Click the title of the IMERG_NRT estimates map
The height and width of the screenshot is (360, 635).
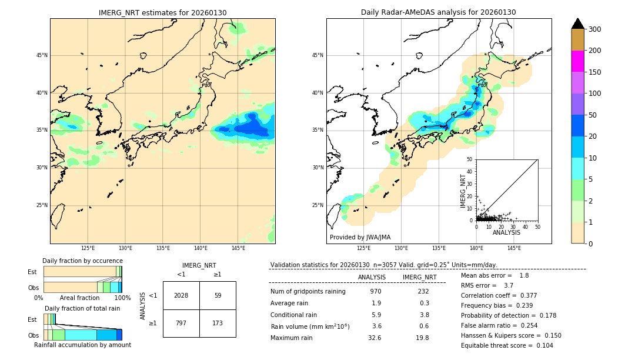[162, 12]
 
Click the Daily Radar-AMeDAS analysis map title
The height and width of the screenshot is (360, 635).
[439, 12]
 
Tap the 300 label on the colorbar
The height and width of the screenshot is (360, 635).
[594, 29]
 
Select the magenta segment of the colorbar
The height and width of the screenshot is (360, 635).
[577, 61]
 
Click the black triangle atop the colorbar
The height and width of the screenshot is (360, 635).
[577, 24]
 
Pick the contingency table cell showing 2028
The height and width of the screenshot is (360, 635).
[181, 295]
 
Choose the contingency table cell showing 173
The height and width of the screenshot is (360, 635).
[218, 323]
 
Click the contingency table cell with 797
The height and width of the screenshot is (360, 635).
[181, 323]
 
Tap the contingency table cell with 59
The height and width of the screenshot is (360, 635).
[218, 295]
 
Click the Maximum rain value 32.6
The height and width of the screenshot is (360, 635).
[375, 338]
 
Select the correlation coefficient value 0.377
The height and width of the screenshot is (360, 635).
[523, 295]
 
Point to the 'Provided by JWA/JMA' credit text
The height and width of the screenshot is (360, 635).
[360, 237]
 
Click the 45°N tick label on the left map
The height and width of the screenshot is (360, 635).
[42, 55]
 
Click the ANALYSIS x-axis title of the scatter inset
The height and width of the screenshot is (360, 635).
[506, 232]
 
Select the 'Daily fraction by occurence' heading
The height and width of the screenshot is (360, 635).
[82, 261]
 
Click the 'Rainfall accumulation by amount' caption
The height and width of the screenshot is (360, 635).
[82, 345]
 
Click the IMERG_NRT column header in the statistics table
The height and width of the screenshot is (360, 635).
[419, 277]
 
